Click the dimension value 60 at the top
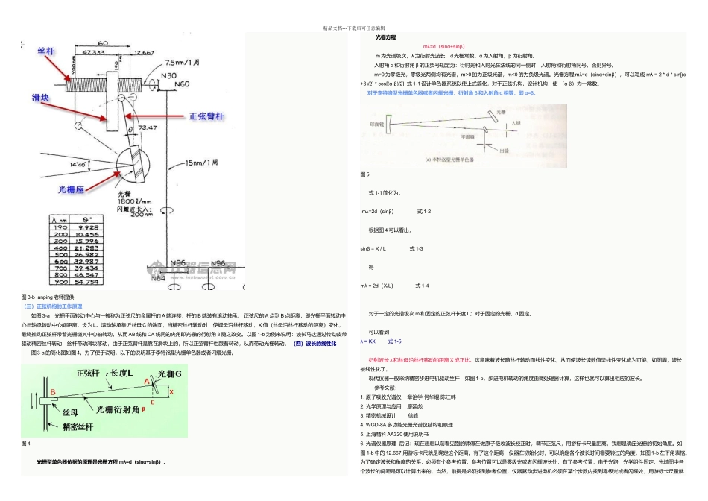click(x=103, y=44)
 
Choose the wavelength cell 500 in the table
click(x=59, y=255)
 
